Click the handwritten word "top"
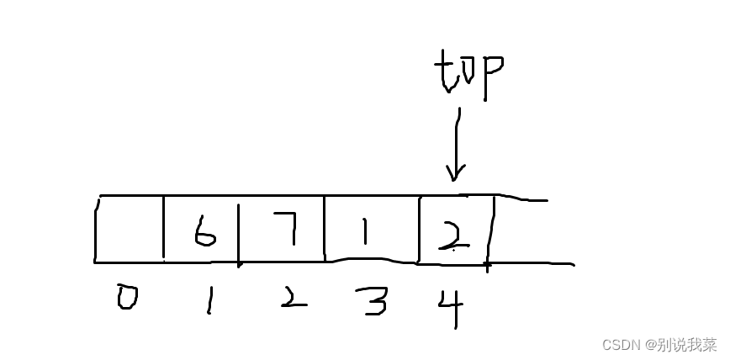(x=468, y=75)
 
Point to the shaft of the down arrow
(x=457, y=139)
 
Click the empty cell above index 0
(x=130, y=230)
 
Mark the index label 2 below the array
(x=291, y=299)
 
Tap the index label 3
(x=370, y=300)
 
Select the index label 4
(x=452, y=304)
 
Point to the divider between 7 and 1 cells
(x=325, y=229)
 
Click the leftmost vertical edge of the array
(x=97, y=230)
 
